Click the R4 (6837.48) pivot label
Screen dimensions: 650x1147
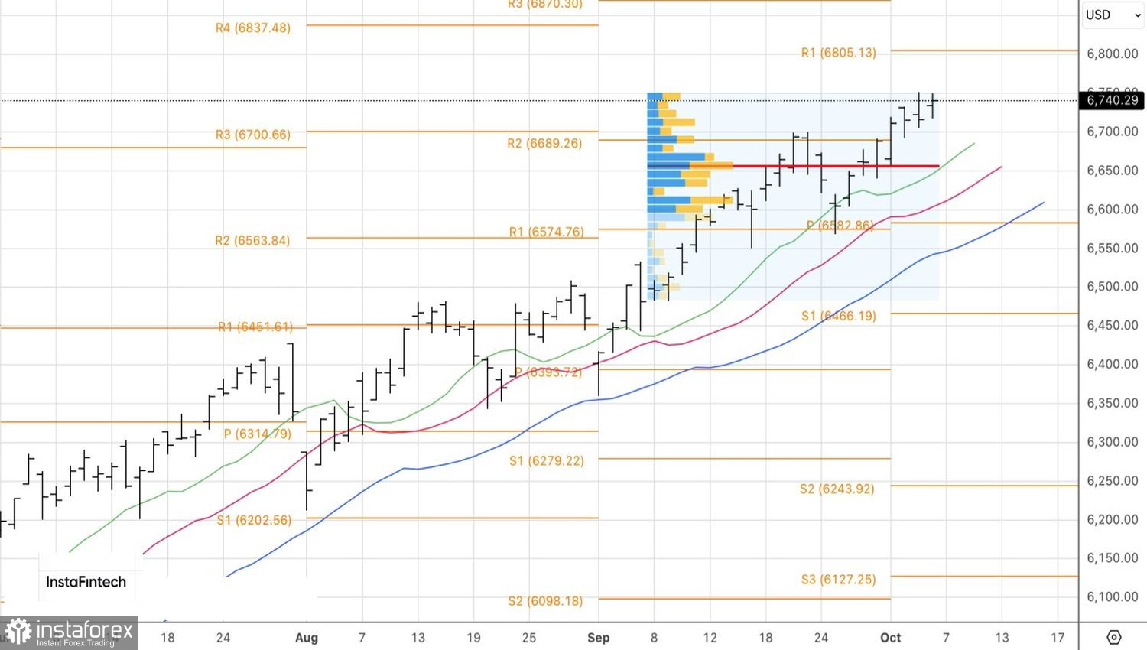(253, 28)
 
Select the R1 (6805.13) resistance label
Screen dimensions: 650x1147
(838, 53)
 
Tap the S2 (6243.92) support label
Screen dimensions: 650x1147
(837, 489)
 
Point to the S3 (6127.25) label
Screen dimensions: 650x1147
(838, 580)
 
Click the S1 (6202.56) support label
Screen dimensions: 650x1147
(254, 520)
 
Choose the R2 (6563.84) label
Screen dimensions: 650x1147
(252, 241)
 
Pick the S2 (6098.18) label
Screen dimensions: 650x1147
(545, 601)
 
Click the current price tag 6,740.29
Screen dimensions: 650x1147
(1112, 100)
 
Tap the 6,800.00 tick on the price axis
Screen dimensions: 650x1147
(1112, 54)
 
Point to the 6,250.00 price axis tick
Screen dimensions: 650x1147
(1112, 481)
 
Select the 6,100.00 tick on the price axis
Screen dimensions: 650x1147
(1112, 597)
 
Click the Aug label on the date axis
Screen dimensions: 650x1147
(306, 638)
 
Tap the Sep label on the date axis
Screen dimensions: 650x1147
(598, 638)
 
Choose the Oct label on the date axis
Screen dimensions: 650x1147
(890, 638)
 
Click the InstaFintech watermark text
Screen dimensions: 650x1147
(86, 582)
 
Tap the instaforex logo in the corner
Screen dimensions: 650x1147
(69, 633)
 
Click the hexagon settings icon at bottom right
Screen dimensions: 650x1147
(1113, 637)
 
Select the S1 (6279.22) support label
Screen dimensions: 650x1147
(546, 461)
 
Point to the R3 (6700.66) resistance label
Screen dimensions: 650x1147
(252, 135)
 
